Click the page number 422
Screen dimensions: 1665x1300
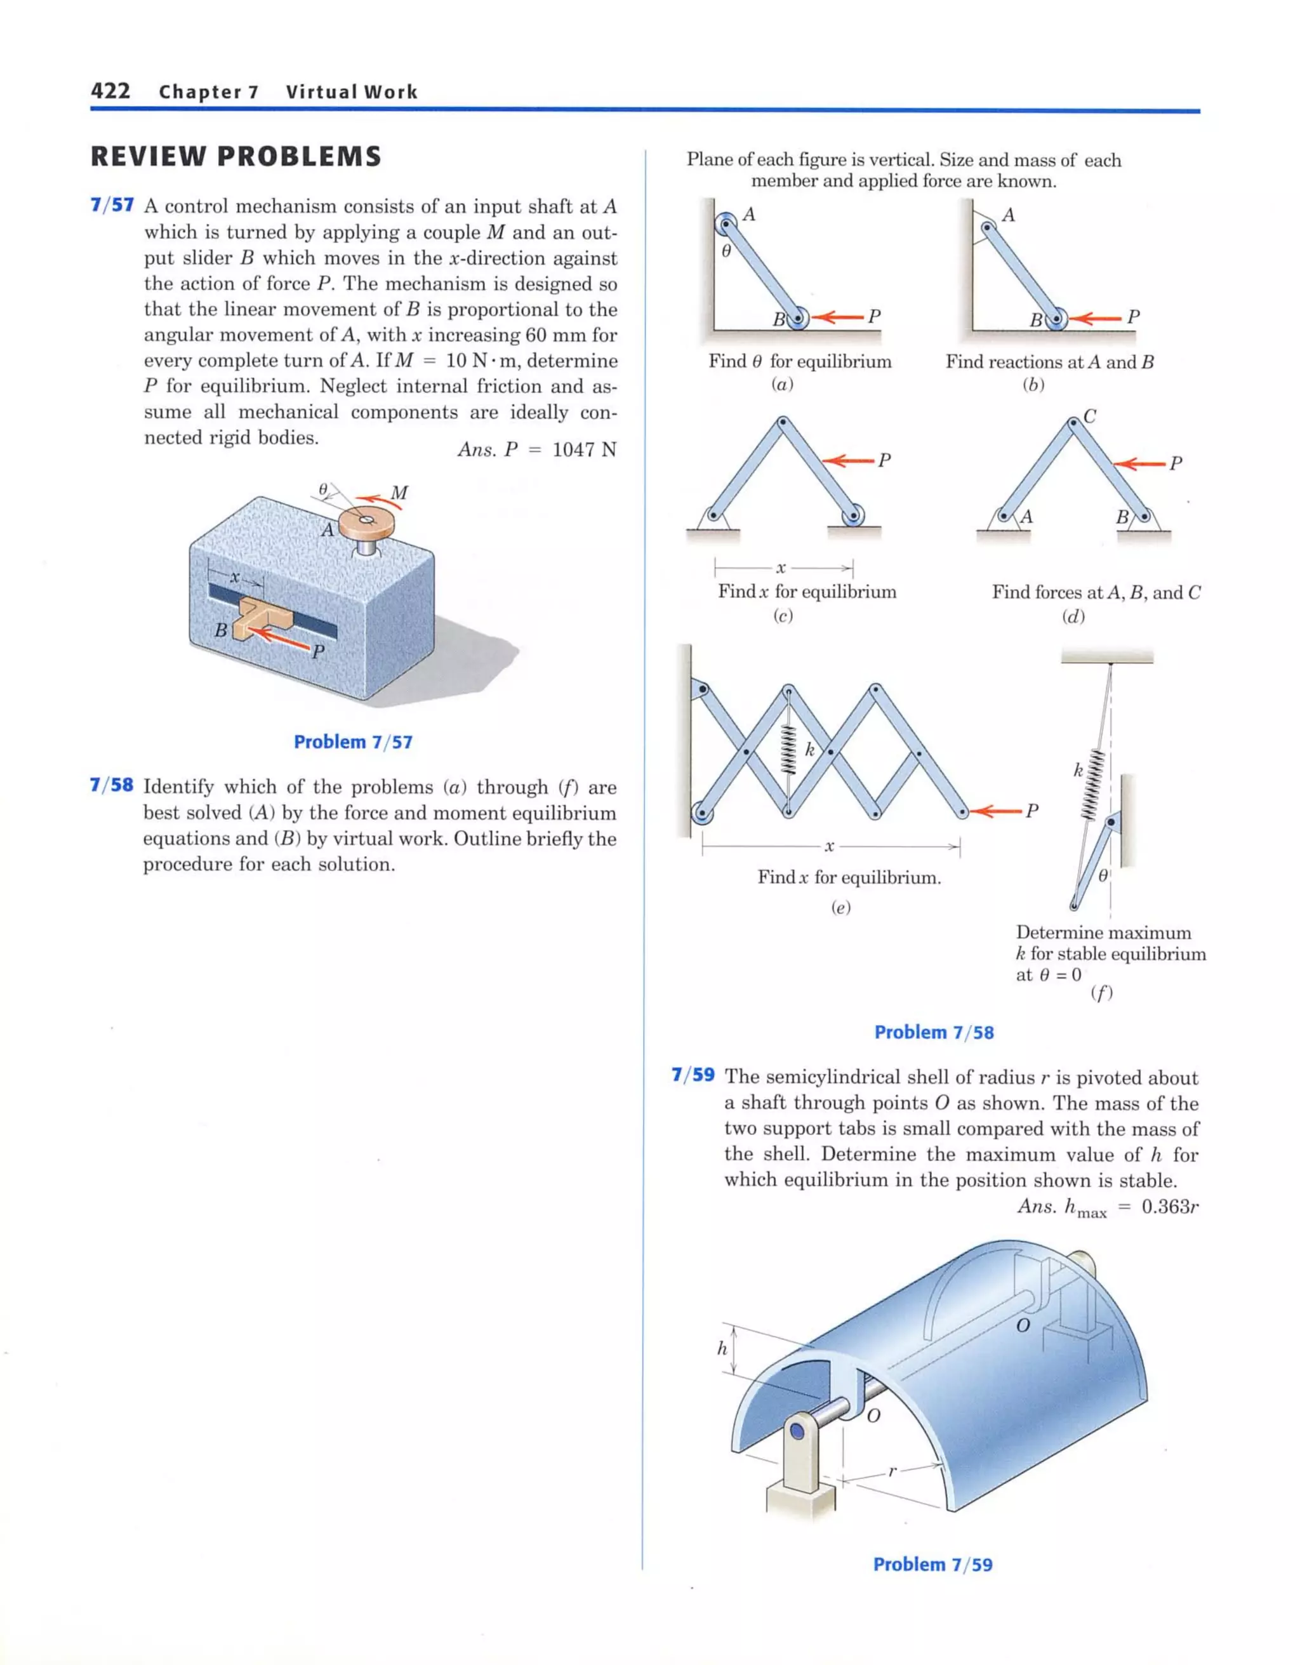(110, 91)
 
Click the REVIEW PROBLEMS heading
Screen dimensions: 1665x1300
(235, 156)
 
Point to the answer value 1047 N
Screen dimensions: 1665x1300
(584, 450)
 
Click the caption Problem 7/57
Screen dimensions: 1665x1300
(353, 742)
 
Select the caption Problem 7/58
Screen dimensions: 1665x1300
(933, 1032)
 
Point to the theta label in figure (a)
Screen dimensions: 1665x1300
(726, 250)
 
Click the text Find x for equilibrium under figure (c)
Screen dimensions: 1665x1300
(807, 592)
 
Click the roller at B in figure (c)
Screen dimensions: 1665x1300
(852, 516)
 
